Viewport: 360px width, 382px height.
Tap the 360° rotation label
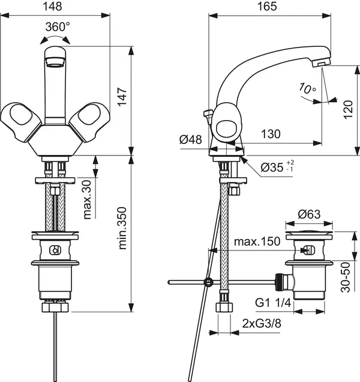click(58, 27)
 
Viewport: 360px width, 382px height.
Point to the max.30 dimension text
click(88, 199)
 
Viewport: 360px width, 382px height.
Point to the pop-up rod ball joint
click(208, 282)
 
